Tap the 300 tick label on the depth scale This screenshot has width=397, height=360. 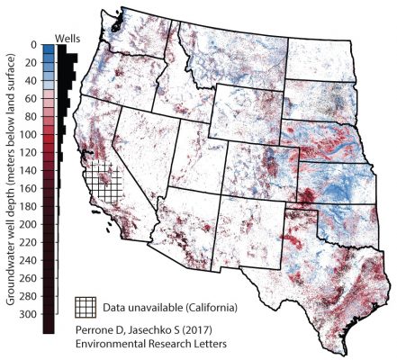pos(28,314)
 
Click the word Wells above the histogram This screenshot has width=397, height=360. pos(69,38)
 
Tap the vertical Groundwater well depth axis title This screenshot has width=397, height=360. pos(12,180)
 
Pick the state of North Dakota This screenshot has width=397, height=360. pos(315,56)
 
